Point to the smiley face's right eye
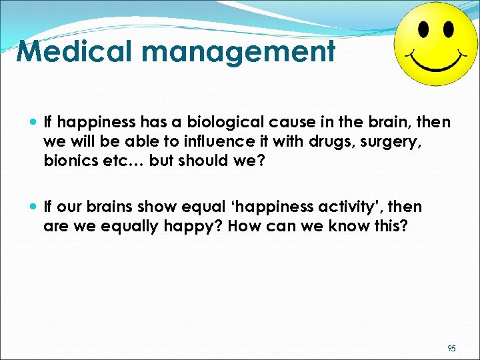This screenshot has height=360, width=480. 447,29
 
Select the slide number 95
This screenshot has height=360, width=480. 452,348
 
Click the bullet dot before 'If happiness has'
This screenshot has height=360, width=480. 33,123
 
